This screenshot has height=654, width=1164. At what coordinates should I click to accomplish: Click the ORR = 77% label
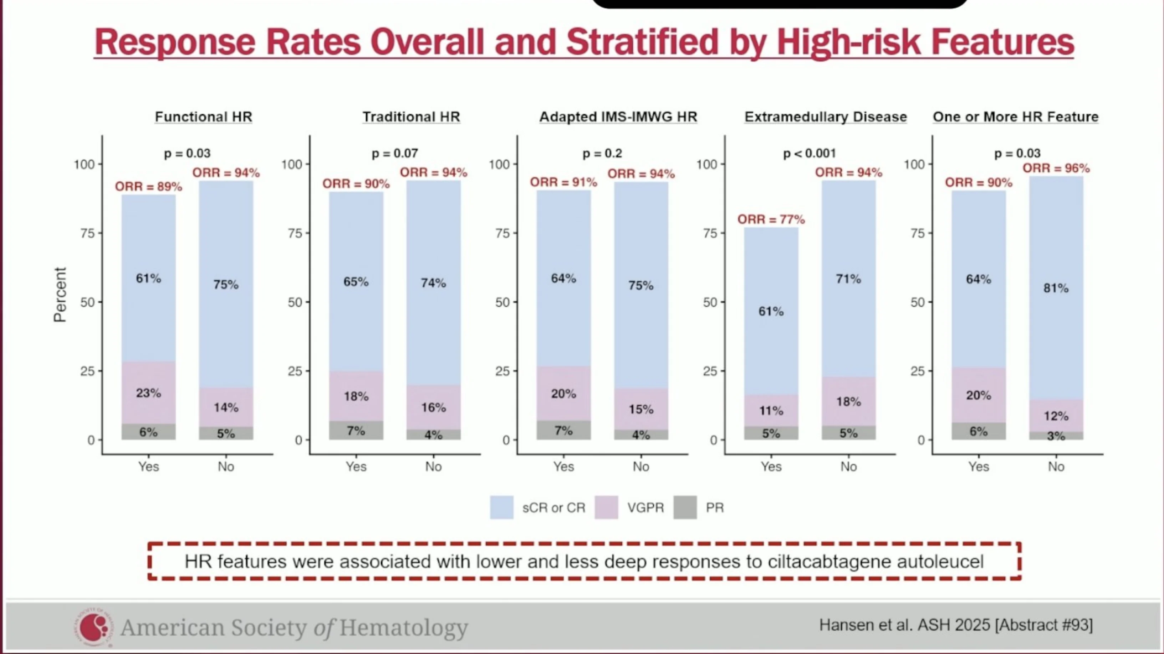(x=771, y=219)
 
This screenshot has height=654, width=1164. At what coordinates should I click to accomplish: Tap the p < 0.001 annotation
(x=809, y=154)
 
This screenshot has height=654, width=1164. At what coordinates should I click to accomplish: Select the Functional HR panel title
(x=203, y=117)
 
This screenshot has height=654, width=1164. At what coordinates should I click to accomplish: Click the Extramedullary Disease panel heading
(x=826, y=117)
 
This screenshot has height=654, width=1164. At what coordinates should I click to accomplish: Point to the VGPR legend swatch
(x=606, y=507)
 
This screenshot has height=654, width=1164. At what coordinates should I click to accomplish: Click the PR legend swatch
(x=685, y=507)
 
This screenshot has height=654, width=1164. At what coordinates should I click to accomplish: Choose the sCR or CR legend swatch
(x=501, y=507)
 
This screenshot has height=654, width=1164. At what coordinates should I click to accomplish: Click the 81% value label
(x=1056, y=288)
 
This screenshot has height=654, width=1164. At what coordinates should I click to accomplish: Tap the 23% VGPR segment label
(x=148, y=393)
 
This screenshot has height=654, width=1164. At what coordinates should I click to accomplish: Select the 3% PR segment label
(x=1056, y=436)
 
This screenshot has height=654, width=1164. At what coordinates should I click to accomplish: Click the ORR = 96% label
(x=1056, y=168)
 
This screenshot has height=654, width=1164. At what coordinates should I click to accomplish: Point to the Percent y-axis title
(x=60, y=294)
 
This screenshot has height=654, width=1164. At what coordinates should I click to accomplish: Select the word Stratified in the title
(x=642, y=42)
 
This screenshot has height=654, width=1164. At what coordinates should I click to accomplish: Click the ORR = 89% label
(x=148, y=186)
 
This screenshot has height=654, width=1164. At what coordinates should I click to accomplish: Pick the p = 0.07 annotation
(x=394, y=154)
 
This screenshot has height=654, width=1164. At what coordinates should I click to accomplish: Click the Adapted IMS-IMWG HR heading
(x=618, y=117)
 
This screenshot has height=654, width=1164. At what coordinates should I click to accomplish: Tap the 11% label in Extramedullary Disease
(x=771, y=411)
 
